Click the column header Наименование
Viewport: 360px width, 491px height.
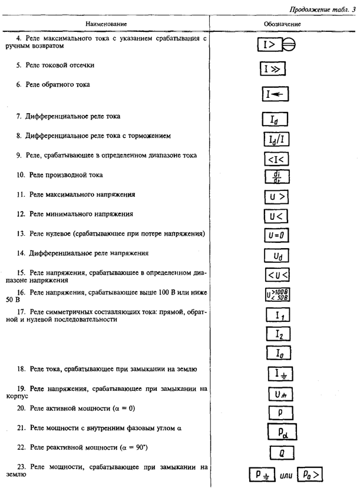(x=106, y=24)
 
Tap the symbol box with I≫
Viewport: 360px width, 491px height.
(x=272, y=70)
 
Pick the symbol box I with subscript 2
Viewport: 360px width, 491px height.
(x=275, y=334)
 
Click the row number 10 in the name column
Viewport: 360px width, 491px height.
(x=21, y=175)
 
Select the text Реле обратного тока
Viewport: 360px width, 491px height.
(x=57, y=85)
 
